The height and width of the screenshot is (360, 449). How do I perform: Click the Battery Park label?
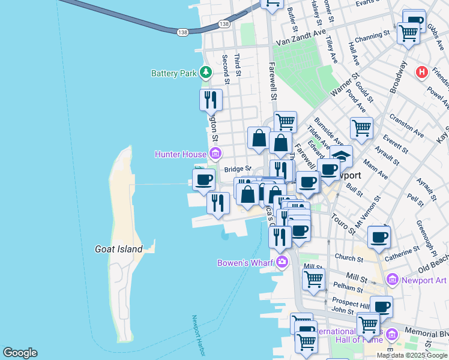coord(173,74)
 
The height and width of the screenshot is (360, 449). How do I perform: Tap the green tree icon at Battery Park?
coord(206,73)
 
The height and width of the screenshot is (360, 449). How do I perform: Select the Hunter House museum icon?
coord(214,155)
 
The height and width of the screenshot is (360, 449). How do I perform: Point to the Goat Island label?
coord(119,249)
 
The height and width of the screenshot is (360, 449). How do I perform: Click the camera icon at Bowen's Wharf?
coord(281,262)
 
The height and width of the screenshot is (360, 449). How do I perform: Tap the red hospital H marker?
coord(422,72)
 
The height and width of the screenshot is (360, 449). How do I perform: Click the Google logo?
coord(20,353)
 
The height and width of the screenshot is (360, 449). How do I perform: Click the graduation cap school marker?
coord(341,157)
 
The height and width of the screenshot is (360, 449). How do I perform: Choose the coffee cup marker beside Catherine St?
coord(379,237)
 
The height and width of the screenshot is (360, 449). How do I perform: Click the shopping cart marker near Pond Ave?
coord(361,128)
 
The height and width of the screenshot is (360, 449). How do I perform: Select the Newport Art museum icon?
coord(393,280)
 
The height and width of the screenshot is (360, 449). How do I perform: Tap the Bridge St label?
coord(237,170)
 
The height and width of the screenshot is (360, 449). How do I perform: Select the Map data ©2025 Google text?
coord(412,355)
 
